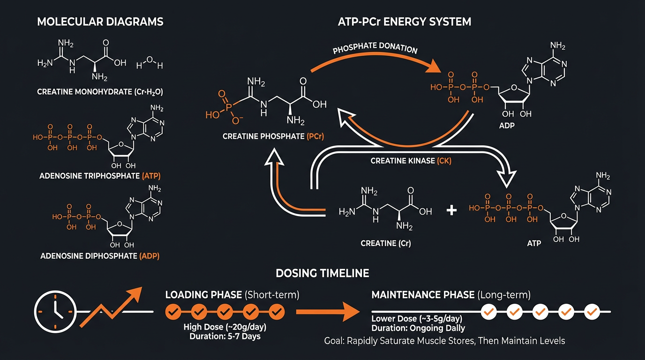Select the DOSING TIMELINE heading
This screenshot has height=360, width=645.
tap(322, 273)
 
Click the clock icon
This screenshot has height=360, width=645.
tap(55, 311)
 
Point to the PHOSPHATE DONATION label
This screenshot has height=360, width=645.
tap(375, 50)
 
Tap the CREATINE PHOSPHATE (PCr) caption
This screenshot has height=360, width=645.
tap(274, 137)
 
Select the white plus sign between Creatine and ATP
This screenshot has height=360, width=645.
tap(451, 210)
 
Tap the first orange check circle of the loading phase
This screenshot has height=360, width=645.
tap(173, 311)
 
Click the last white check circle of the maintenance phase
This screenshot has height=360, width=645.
tap(592, 311)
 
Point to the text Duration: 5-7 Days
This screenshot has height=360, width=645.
tap(225, 336)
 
